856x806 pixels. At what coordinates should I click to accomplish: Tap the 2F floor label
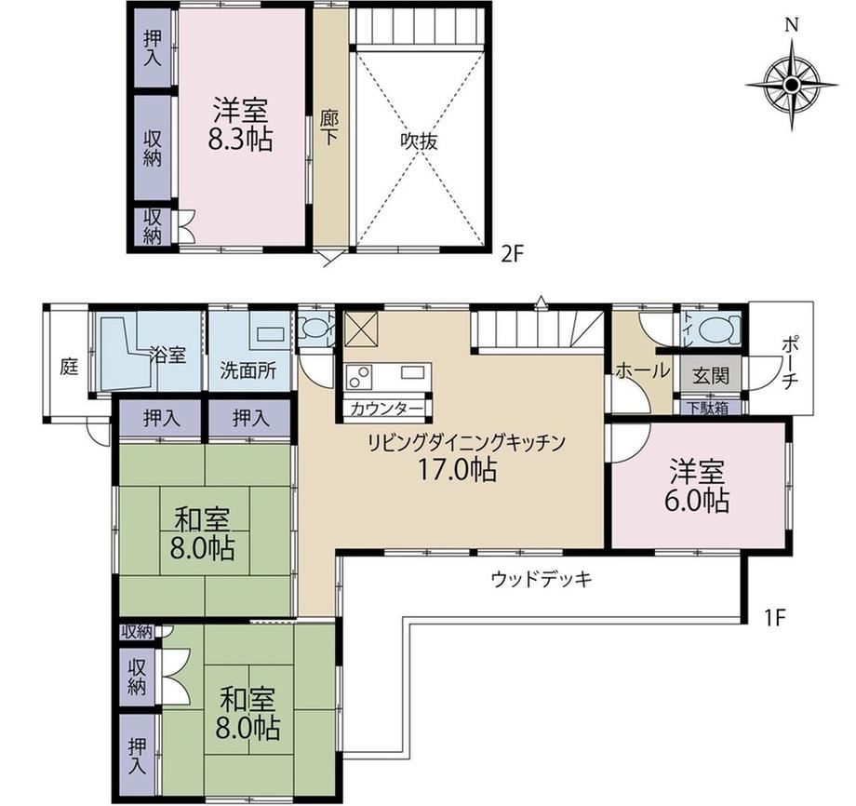512,254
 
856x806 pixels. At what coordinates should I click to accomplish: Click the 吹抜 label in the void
420,142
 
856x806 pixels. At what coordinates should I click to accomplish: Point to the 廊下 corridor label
328,128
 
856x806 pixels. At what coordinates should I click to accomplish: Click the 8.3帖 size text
240,141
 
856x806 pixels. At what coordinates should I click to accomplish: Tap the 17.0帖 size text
457,470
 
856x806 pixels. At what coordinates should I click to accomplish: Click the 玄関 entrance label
711,375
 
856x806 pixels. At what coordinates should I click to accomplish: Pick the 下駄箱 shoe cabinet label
707,408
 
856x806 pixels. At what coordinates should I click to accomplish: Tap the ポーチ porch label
790,363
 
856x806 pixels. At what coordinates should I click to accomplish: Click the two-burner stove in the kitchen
358,377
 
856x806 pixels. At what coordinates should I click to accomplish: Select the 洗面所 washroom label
248,371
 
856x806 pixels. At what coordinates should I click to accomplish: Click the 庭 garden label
69,367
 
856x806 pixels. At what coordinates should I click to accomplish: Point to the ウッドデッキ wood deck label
542,579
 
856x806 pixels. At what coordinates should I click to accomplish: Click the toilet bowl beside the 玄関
718,329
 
